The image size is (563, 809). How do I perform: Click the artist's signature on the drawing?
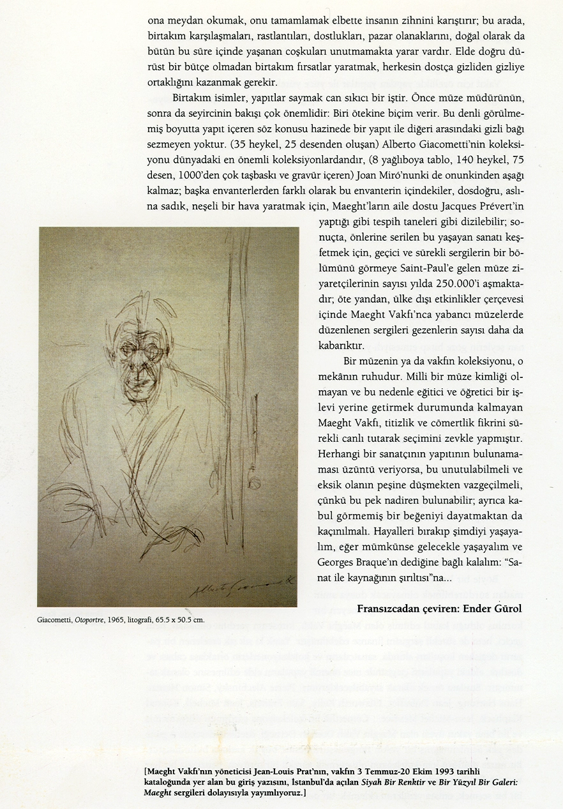pyautogui.click(x=243, y=582)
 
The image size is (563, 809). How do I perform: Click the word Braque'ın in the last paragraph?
pyautogui.click(x=370, y=564)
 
